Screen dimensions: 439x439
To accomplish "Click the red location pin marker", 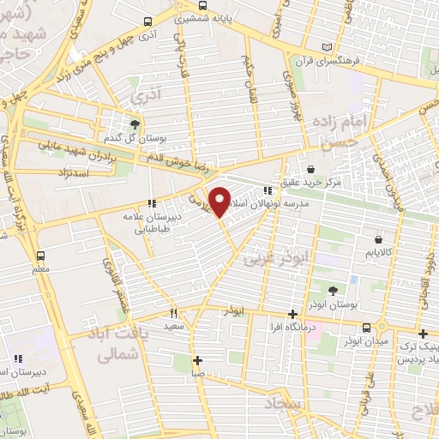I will click(219, 201).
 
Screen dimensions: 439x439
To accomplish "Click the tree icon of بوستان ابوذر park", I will click(332, 290).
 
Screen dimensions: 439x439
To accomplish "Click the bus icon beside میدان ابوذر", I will click(366, 328).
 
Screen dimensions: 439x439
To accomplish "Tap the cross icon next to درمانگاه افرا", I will click(294, 313).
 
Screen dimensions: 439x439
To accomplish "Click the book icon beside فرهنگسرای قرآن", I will click(325, 47).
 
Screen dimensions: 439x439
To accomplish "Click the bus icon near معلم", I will click(39, 256).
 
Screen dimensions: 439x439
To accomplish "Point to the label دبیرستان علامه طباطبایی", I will click(156, 223).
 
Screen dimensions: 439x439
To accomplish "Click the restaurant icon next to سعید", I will click(172, 313).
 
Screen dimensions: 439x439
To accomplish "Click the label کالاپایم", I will click(377, 254).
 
